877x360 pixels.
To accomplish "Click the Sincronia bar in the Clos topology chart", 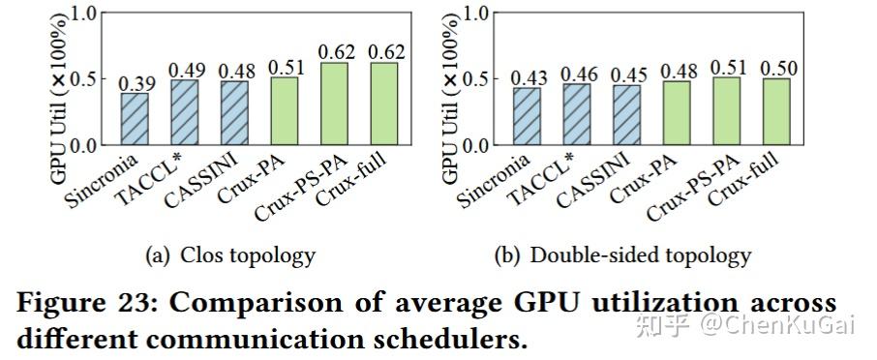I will click(135, 119).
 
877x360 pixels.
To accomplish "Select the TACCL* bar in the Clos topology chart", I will click(185, 112).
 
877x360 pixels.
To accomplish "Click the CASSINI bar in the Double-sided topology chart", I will click(625, 115).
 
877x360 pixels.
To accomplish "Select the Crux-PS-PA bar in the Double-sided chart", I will click(726, 111).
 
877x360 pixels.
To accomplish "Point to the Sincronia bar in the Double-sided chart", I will click(525, 116).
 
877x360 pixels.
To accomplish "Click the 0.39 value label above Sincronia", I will click(135, 84).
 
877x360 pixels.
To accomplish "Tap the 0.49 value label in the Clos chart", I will click(185, 71).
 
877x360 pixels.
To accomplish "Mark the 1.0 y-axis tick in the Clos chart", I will click(86, 14).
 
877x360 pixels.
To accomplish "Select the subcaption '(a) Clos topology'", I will click(229, 255).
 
